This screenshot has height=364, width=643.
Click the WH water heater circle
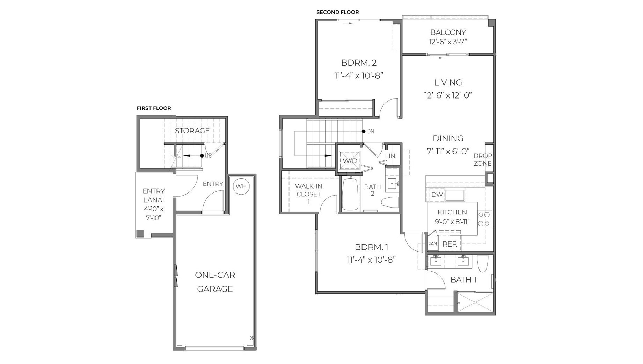pos(241,186)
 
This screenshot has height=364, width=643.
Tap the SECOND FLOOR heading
pos(337,12)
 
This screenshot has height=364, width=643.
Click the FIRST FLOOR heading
pos(154,108)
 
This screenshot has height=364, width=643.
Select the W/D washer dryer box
pos(350,161)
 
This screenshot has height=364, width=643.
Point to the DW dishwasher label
pos(437,195)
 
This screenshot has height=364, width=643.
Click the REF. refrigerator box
pos(450,244)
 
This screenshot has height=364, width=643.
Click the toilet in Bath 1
pos(482,264)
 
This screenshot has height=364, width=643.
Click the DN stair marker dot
pos(364,131)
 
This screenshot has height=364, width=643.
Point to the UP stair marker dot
pos(202,156)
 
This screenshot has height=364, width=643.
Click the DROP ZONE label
pos(483,160)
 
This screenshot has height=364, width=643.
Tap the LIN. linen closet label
pos(391,156)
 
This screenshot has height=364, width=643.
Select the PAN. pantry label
pos(433,244)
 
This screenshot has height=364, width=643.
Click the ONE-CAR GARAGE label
pos(215,282)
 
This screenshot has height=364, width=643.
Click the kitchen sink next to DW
pos(455,195)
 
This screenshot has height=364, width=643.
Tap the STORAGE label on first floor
pos(192,131)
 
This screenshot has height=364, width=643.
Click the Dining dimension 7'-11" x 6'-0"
pos(448,151)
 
